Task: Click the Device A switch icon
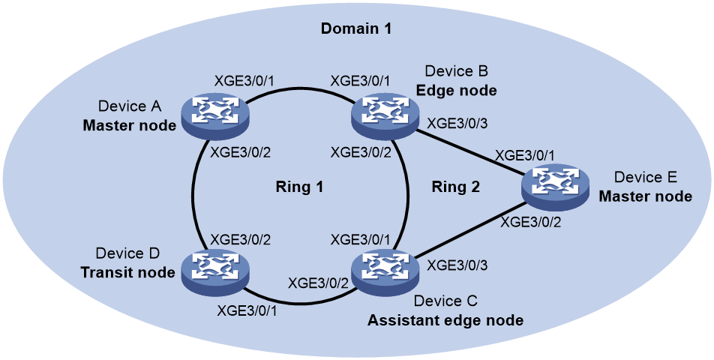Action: pyautogui.click(x=215, y=115)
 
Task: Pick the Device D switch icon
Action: pyautogui.click(x=215, y=272)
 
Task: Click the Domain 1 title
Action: pyautogui.click(x=356, y=28)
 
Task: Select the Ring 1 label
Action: pyautogui.click(x=299, y=187)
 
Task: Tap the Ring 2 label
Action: pyautogui.click(x=456, y=187)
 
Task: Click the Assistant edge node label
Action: pyautogui.click(x=445, y=320)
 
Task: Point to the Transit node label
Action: pyautogui.click(x=128, y=272)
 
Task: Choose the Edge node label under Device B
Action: pyautogui.click(x=456, y=90)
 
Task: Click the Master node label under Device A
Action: pyautogui.click(x=129, y=125)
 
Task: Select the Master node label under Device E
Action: pyautogui.click(x=645, y=196)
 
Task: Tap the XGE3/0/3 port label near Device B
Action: pyautogui.click(x=457, y=124)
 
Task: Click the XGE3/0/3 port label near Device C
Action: pyautogui.click(x=457, y=265)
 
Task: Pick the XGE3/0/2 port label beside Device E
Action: pyautogui.click(x=531, y=222)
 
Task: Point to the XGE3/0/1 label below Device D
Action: pyautogui.click(x=247, y=311)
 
